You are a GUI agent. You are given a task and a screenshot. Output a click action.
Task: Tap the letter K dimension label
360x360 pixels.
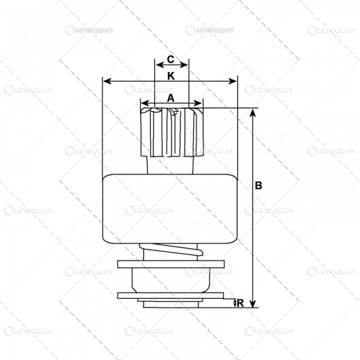pyautogui.click(x=171, y=76)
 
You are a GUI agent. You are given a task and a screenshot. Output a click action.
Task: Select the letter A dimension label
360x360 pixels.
pyautogui.click(x=171, y=97)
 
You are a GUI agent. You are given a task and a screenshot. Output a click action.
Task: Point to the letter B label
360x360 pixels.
pyautogui.click(x=259, y=186)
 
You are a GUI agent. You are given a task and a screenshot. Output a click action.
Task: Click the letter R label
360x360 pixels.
pyautogui.click(x=240, y=303)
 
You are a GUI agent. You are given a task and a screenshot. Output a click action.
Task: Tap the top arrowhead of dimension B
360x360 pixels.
pyautogui.click(x=252, y=113)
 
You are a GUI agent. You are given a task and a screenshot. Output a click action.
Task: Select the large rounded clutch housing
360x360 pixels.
pyautogui.click(x=170, y=208)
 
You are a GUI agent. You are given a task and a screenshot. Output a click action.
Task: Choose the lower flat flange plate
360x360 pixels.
pyautogui.click(x=170, y=295)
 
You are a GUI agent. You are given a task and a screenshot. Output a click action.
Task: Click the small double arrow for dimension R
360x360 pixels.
pyautogui.click(x=235, y=303)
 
